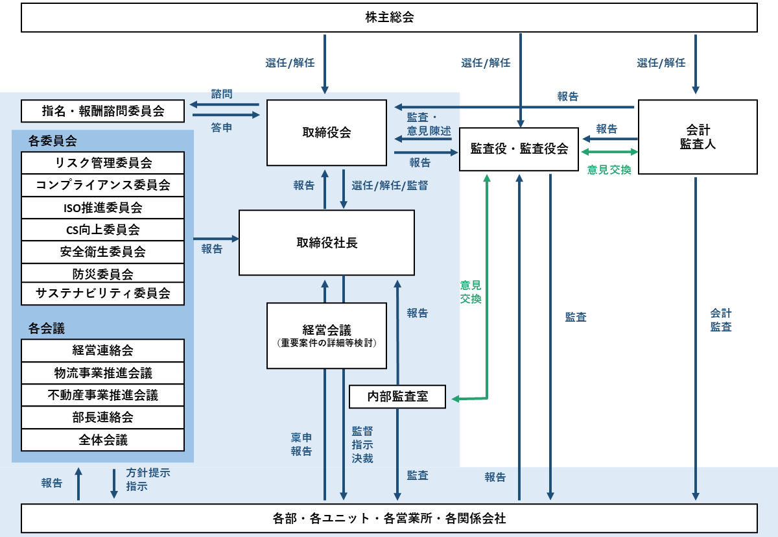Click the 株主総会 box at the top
(389, 18)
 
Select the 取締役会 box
(327, 133)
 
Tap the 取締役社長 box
(327, 243)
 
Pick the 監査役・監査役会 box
(519, 149)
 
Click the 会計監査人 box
(698, 137)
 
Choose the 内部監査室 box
(397, 396)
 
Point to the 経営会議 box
(327, 335)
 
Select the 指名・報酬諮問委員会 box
(103, 111)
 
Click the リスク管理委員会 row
(103, 163)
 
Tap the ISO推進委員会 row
(103, 208)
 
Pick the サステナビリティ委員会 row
(103, 294)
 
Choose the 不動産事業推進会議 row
(103, 395)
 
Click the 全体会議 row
(103, 440)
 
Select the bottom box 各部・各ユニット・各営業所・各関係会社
(389, 518)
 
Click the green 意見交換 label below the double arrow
(609, 170)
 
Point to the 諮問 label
(222, 94)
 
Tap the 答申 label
(222, 128)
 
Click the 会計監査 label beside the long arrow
(721, 320)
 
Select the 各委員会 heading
(53, 141)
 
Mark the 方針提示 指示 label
(148, 479)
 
